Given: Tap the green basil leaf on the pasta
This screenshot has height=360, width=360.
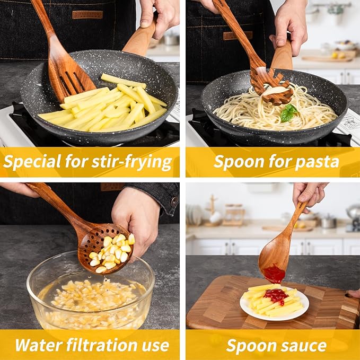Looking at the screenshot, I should tap(288, 112).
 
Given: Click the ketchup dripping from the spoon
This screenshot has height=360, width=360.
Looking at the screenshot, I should tap(274, 274).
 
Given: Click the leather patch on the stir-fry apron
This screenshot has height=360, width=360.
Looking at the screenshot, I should tap(87, 14).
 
